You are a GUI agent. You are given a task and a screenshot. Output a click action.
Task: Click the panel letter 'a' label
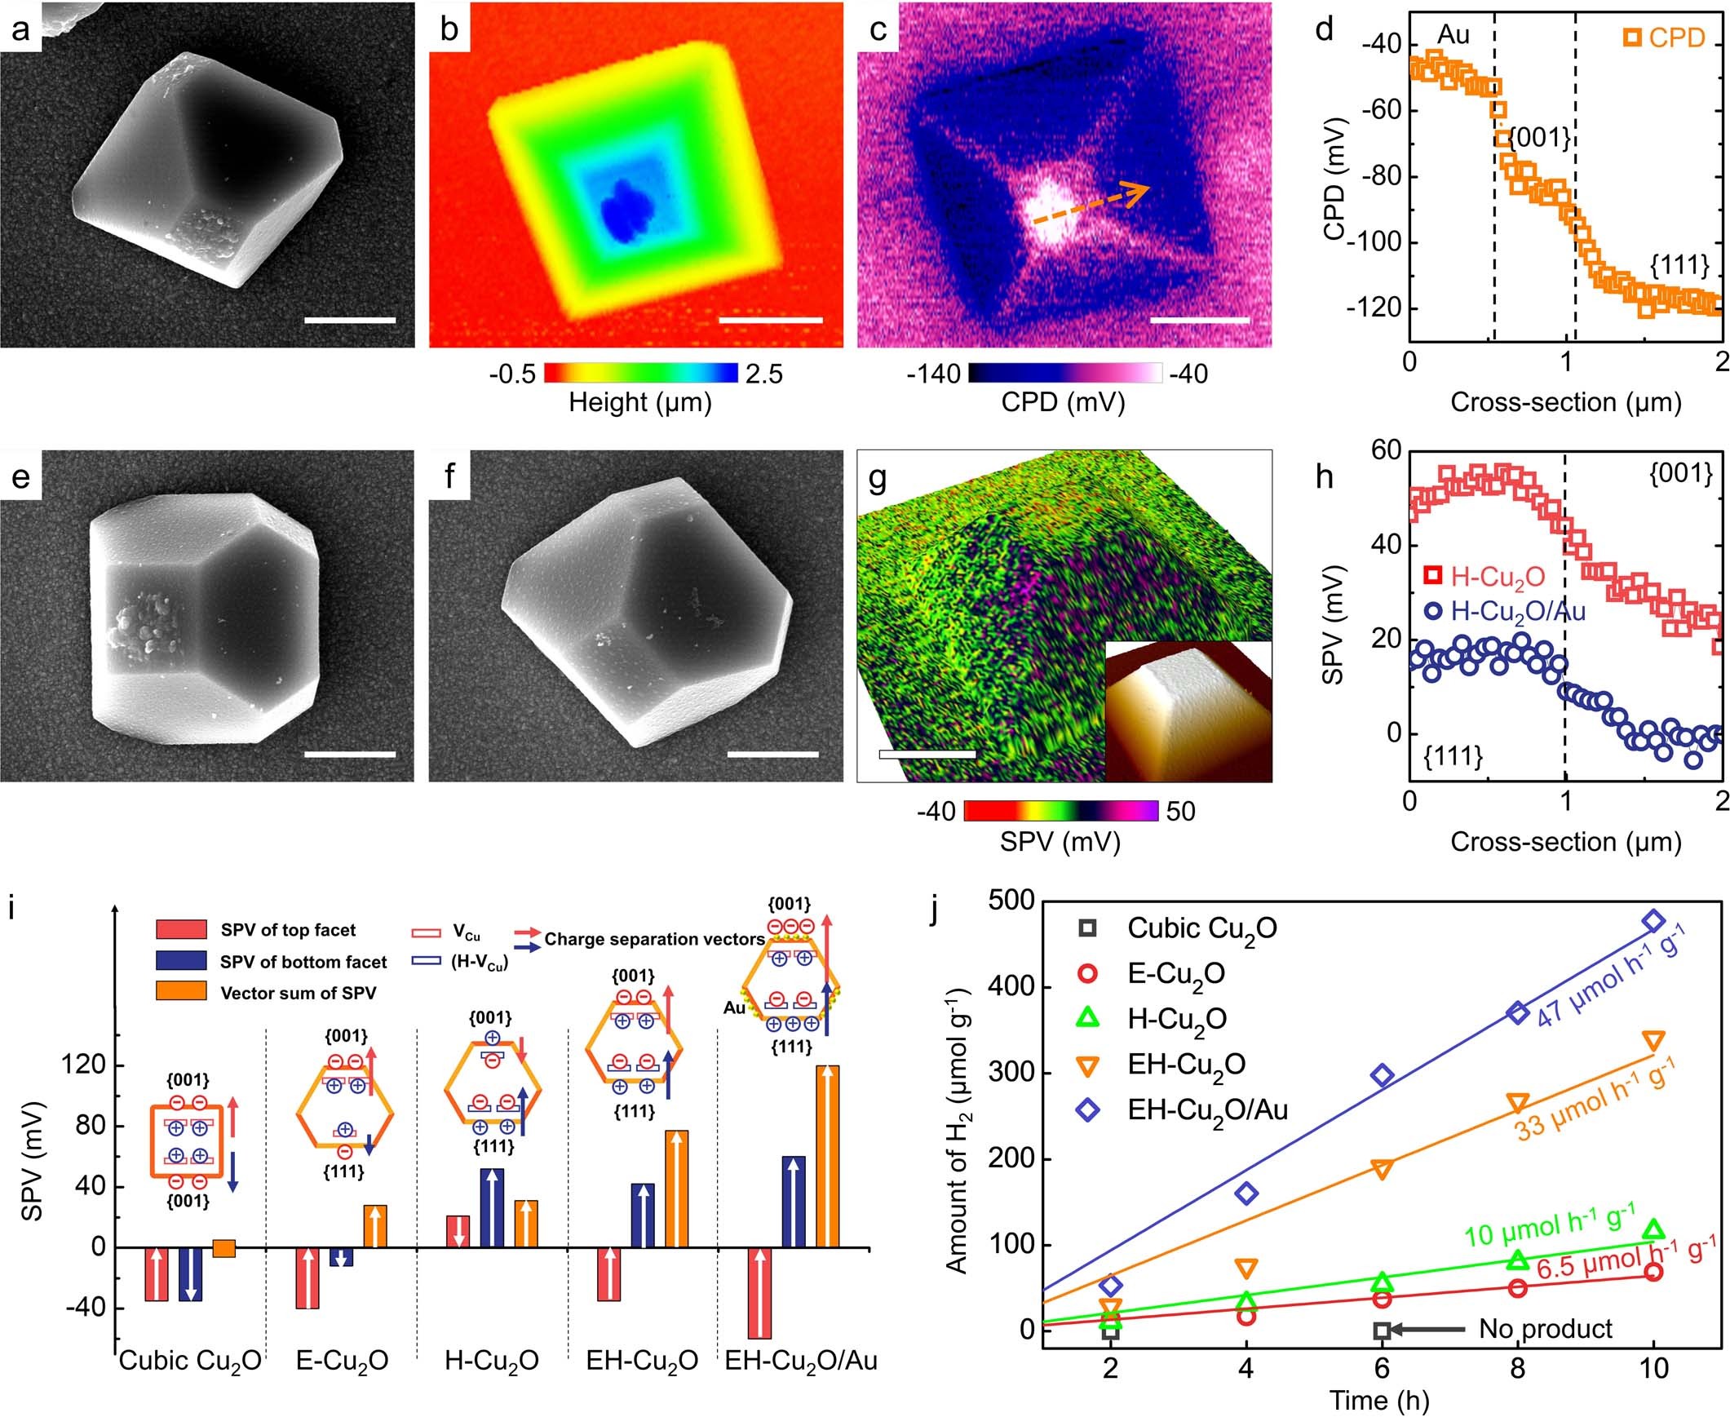click(x=20, y=29)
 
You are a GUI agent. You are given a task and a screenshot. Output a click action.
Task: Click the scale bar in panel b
click(x=770, y=320)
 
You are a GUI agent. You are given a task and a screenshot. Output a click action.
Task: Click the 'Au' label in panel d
click(x=1453, y=34)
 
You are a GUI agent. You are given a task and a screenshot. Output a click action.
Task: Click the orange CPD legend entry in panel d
click(x=1665, y=38)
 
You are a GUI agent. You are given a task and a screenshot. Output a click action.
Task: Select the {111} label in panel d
click(x=1679, y=265)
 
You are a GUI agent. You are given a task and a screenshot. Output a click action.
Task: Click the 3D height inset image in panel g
click(x=1188, y=711)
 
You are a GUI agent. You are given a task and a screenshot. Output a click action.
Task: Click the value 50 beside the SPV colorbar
click(x=1181, y=811)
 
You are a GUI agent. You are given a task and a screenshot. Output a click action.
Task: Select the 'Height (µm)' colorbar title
click(x=639, y=401)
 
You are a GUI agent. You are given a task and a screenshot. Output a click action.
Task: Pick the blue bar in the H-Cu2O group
click(x=492, y=1208)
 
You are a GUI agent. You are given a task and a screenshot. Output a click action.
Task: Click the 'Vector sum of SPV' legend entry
click(x=298, y=993)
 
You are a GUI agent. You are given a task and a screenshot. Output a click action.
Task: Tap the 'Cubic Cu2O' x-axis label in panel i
click(x=189, y=1361)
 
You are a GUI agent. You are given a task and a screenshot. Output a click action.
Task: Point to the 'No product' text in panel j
click(x=1546, y=1329)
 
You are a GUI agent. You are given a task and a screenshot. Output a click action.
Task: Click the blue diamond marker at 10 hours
click(x=1654, y=921)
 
